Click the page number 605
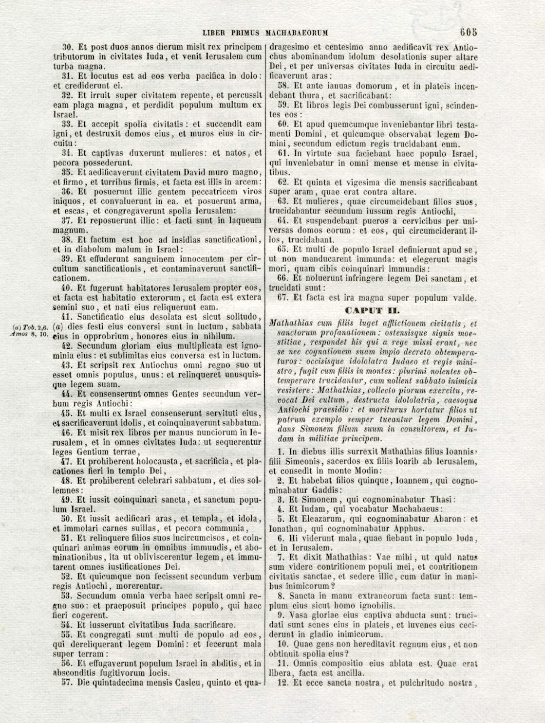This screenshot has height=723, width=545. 469,33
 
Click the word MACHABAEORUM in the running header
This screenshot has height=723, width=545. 296,34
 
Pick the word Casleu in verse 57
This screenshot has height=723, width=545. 183,683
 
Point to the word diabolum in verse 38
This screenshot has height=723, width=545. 87,250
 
